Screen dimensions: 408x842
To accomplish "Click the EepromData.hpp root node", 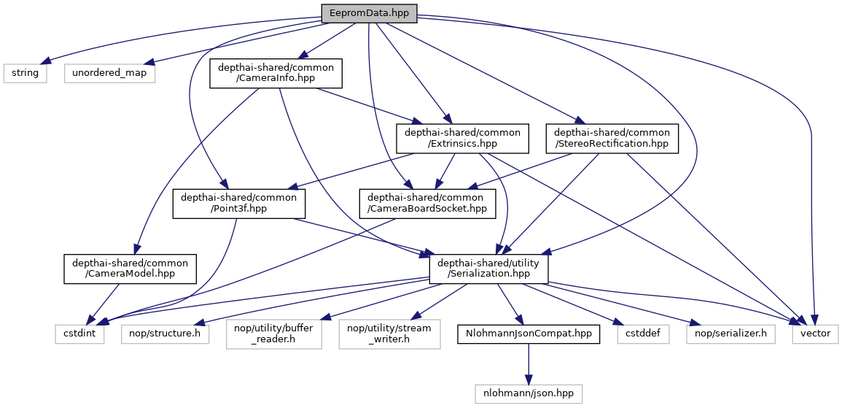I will pos(369,12).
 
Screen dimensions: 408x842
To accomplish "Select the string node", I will pos(26,73).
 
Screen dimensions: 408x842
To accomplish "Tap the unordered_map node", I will pos(109,73).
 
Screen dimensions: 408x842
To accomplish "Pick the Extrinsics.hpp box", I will pos(462,138).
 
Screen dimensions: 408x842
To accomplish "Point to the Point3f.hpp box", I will pos(238,203).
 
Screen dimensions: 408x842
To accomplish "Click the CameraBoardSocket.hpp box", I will pos(425,203).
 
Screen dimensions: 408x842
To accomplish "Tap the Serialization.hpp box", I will pos(489,268).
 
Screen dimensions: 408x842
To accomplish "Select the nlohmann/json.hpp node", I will pos(529,393).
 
